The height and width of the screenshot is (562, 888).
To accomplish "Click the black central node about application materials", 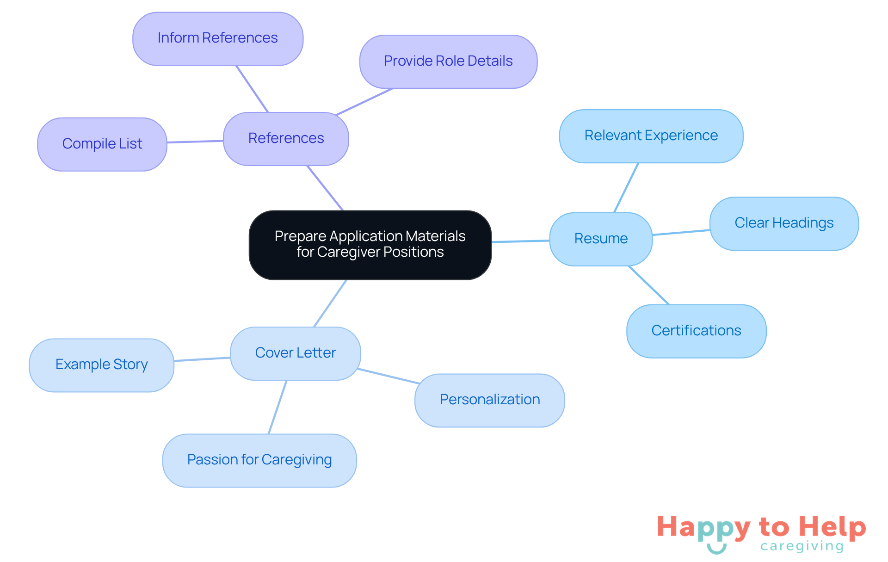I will (370, 245).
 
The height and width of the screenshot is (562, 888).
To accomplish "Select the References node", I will (286, 138).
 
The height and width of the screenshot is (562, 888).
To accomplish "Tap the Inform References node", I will (217, 38).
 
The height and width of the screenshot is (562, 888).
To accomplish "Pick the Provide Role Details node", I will (448, 61).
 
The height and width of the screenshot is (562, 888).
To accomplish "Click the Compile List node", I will (102, 144).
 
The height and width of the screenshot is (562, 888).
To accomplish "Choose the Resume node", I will (600, 239).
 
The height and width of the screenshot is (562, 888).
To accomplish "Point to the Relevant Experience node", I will (651, 136).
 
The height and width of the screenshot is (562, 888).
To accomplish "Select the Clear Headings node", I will (783, 223).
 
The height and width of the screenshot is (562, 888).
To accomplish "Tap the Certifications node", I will (696, 331).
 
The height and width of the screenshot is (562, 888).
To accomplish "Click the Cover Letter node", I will (295, 353).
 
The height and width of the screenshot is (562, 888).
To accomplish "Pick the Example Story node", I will (101, 364).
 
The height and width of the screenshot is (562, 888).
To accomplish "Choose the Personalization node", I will (489, 400).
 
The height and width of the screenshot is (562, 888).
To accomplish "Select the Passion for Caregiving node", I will (259, 460).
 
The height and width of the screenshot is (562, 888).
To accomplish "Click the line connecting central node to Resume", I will (520, 241).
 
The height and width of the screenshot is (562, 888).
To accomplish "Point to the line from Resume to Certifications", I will (648, 285).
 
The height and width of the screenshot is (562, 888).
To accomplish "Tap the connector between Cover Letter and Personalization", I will (388, 376).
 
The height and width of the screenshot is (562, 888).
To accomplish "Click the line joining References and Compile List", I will (195, 142).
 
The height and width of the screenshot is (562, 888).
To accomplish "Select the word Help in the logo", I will (832, 527).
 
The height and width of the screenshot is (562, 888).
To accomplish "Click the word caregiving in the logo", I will (802, 546).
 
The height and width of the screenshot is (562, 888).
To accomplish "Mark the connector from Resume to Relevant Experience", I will (626, 187).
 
